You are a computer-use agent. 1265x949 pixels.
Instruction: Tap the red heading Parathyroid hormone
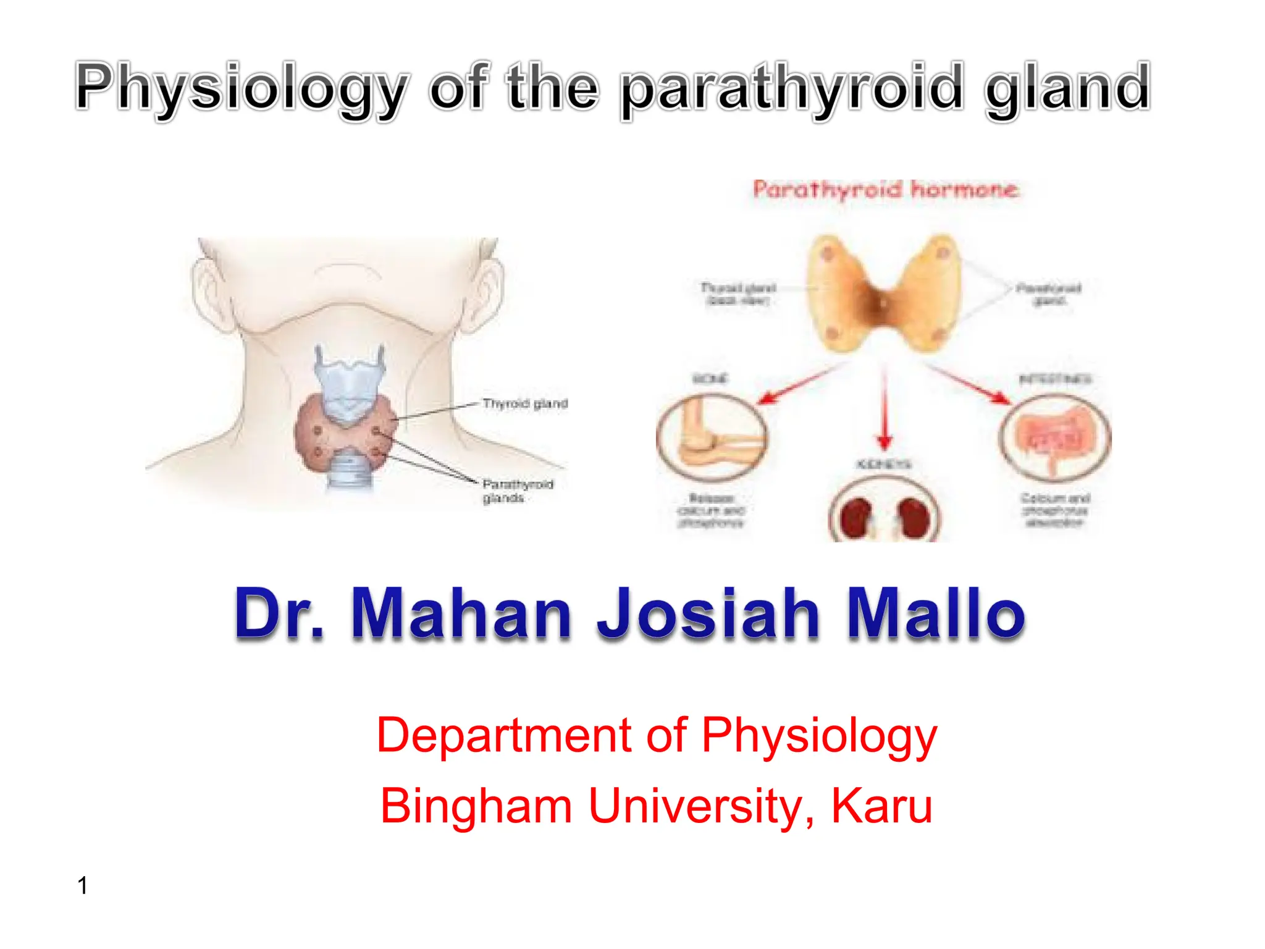point(885,189)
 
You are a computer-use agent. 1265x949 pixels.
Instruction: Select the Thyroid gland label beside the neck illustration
point(525,403)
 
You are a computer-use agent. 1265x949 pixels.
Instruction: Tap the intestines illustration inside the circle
point(1054,436)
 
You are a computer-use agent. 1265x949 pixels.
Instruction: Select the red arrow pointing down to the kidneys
point(885,408)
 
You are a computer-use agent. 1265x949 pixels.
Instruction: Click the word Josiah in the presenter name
point(708,613)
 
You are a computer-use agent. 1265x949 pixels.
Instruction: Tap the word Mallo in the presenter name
point(935,613)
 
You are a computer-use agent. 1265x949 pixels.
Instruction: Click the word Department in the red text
point(504,735)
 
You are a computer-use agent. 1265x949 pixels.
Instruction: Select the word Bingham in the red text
point(476,806)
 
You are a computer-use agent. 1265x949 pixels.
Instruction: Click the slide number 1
point(83,885)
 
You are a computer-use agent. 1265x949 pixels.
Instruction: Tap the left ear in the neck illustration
point(207,290)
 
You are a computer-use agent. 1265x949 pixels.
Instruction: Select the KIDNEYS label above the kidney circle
point(884,464)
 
